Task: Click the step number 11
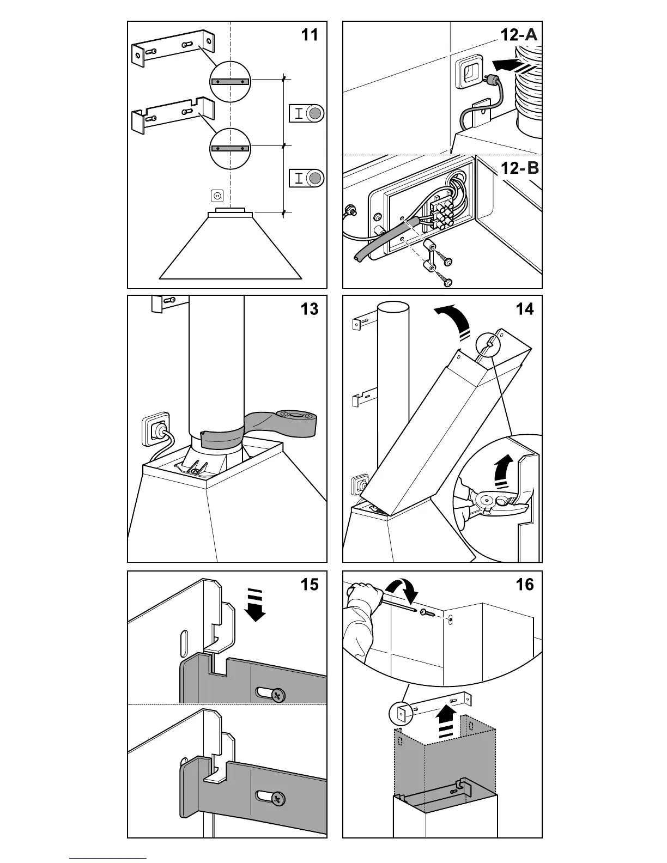pyautogui.click(x=310, y=35)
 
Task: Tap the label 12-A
pyautogui.click(x=519, y=35)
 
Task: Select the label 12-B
pyautogui.click(x=519, y=168)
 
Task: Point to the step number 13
pyautogui.click(x=310, y=309)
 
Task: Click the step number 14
pyautogui.click(x=524, y=309)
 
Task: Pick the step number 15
pyautogui.click(x=310, y=585)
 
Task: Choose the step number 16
pyautogui.click(x=524, y=585)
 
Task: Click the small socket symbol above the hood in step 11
pyautogui.click(x=217, y=195)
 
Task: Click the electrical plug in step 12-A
pyautogui.click(x=495, y=81)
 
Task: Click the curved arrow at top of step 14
pyautogui.click(x=452, y=321)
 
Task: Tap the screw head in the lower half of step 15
pyautogui.click(x=278, y=799)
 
